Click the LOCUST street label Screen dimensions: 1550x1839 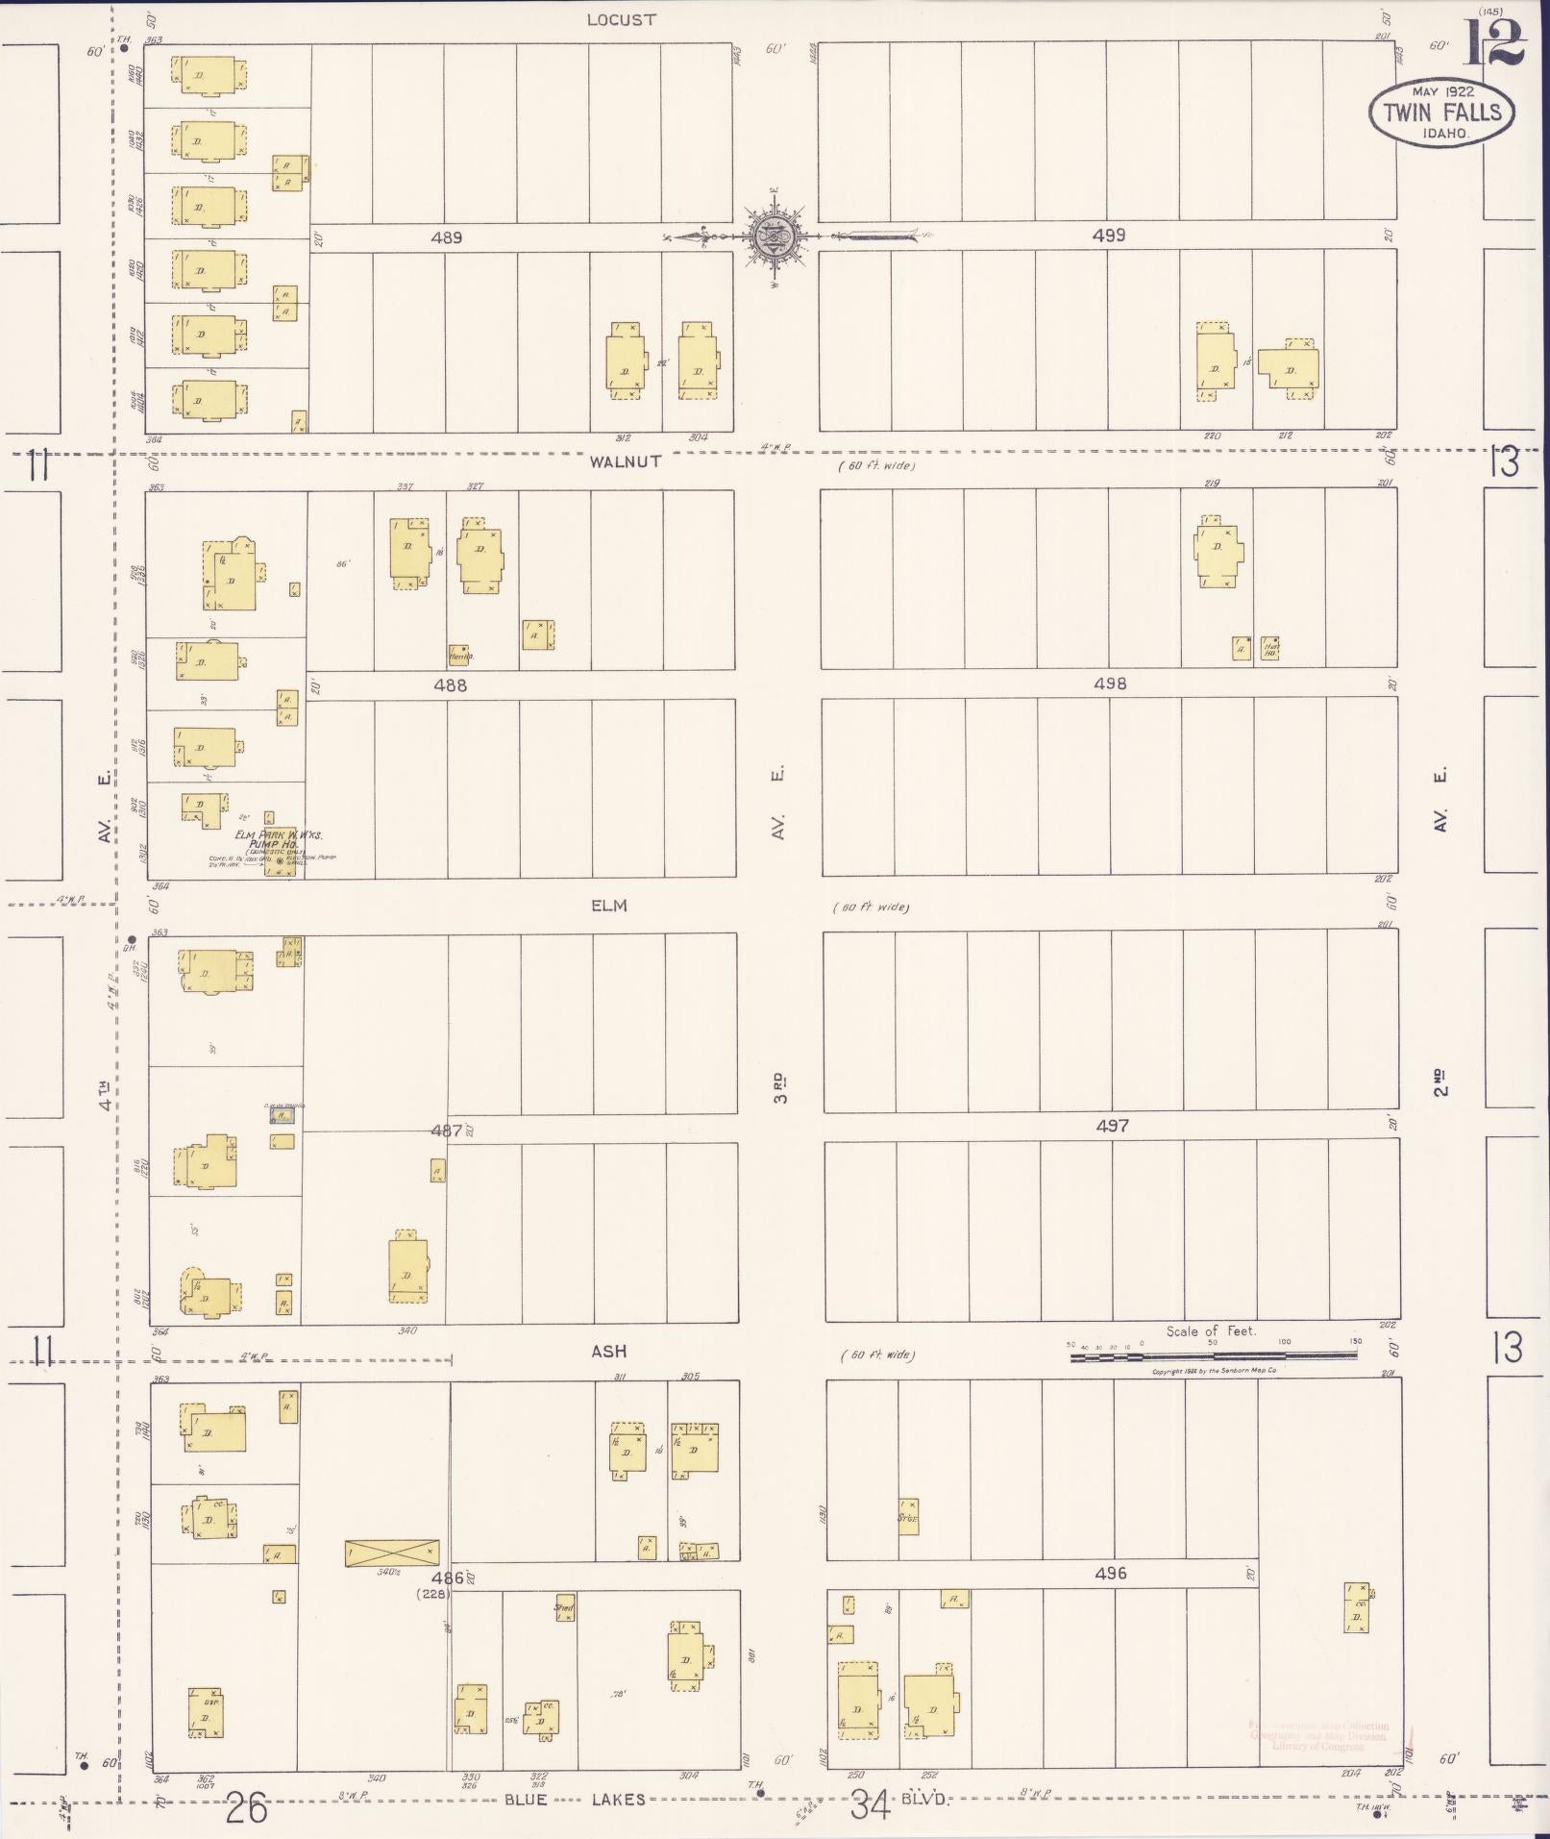pos(622,20)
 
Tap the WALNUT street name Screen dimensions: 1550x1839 pos(626,461)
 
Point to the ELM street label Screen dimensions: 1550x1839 pos(609,906)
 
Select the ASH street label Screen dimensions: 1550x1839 pos(608,1352)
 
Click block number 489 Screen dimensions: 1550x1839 pos(447,237)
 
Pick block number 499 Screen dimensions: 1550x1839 pos(1109,236)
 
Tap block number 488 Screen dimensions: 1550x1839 pos(450,685)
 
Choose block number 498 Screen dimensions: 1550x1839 pos(1110,683)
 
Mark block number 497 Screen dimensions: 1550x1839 pos(1112,1126)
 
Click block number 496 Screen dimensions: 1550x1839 pos(1110,1574)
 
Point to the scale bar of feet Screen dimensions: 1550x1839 pos(1213,1355)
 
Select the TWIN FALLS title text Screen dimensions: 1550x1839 pos(1441,112)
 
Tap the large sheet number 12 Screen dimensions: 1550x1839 pos(1495,43)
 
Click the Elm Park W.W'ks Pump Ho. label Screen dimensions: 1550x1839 pos(279,839)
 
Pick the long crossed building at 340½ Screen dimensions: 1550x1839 pos(392,1553)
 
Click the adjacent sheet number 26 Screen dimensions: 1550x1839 pos(246,1809)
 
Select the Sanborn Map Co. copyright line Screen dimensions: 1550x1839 pos(1214,1371)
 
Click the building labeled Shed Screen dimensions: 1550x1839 pos(564,1607)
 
